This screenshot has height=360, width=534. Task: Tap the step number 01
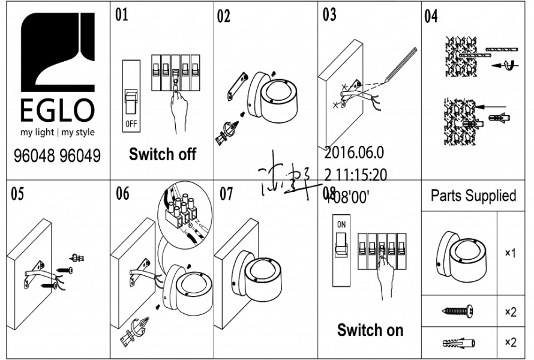point(122,14)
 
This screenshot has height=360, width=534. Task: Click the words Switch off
point(163,154)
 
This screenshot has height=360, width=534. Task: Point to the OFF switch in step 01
point(131,102)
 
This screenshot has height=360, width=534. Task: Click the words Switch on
point(370,329)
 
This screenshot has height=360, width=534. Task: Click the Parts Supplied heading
point(473,196)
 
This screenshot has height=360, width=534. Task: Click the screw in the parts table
point(458,311)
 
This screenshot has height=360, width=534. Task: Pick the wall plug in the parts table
point(458,343)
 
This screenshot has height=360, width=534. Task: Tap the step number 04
point(431,16)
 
